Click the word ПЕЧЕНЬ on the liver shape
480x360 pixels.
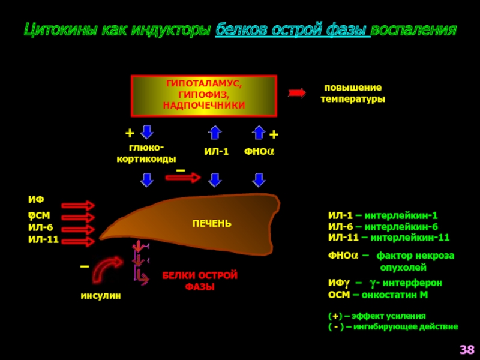pyautogui.click(x=212, y=223)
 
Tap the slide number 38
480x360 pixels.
pyautogui.click(x=467, y=350)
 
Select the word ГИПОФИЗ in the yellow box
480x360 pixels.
pyautogui.click(x=203, y=94)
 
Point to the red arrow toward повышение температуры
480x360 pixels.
pyautogui.click(x=297, y=93)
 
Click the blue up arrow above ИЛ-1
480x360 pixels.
pyautogui.click(x=215, y=132)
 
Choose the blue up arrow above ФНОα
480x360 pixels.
pyautogui.click(x=259, y=132)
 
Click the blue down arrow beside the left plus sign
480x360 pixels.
pyautogui.click(x=146, y=132)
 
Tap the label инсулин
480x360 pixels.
pyautogui.click(x=101, y=296)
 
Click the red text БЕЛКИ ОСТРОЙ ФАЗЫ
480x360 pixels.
pyautogui.click(x=200, y=281)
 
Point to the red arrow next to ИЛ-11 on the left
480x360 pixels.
pyautogui.click(x=78, y=241)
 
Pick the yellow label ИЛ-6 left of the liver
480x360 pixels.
pyautogui.click(x=40, y=228)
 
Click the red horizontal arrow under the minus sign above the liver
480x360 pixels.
pyautogui.click(x=183, y=177)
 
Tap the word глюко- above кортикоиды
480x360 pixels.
pyautogui.click(x=146, y=148)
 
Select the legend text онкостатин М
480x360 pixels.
pyautogui.click(x=395, y=295)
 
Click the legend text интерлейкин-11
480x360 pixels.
pyautogui.click(x=410, y=238)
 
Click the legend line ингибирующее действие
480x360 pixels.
pyautogui.click(x=406, y=327)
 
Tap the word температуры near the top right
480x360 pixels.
pyautogui.click(x=353, y=99)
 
